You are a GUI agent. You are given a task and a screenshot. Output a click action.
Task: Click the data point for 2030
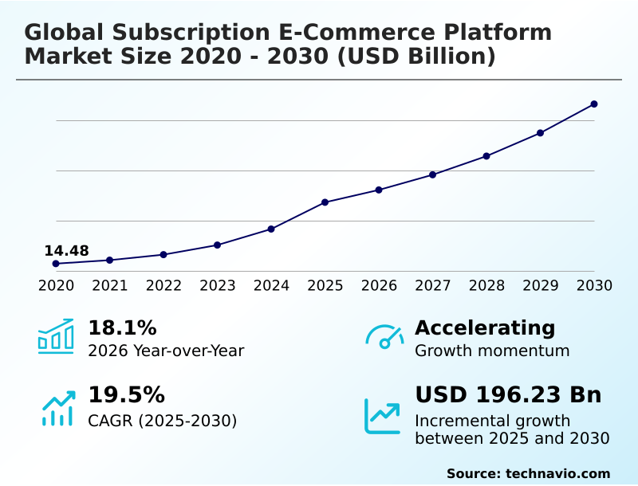pos(594,104)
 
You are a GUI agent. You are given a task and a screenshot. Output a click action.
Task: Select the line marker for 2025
pos(325,202)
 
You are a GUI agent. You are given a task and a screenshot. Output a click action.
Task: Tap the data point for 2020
pos(56,264)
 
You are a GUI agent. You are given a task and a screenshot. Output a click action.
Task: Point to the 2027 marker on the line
pos(433,174)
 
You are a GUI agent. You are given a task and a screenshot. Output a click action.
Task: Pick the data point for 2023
pos(218,245)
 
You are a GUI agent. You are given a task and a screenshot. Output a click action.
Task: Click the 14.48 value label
pos(66,251)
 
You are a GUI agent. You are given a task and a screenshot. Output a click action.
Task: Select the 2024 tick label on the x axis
pos(271,285)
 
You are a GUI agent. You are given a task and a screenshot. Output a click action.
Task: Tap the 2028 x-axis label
pos(486,285)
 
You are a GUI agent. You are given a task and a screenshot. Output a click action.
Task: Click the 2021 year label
pos(110,285)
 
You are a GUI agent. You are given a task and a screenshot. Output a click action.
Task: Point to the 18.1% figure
pos(122,327)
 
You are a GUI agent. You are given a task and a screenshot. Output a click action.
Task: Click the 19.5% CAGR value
pos(126,395)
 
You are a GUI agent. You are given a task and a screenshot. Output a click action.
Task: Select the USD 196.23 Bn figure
pos(508,395)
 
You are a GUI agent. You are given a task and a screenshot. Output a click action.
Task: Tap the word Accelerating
pos(485,327)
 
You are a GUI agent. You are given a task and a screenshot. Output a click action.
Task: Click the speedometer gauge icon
pos(384,337)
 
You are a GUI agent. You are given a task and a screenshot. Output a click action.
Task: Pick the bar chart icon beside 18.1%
pos(56,336)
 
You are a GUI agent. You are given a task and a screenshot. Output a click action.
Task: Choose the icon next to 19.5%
pos(57,408)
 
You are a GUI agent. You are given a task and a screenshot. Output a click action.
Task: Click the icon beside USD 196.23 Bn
pos(383,415)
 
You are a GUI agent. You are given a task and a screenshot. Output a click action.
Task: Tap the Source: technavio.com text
pos(528,473)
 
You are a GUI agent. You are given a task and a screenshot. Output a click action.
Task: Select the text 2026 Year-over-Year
pos(166,351)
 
